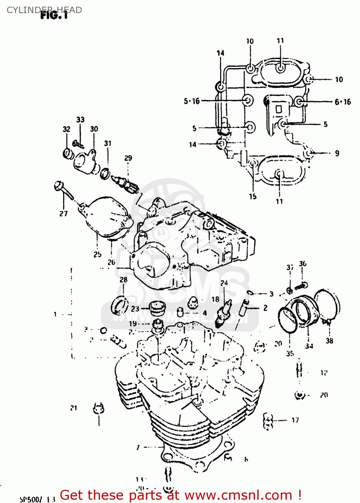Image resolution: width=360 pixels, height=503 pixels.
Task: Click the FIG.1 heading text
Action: coord(54,15)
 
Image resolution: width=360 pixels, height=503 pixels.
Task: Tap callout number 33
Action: coord(80,120)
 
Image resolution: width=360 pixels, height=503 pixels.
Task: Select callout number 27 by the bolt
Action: coord(63,214)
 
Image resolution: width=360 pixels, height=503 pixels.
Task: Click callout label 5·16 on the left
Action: coord(192,101)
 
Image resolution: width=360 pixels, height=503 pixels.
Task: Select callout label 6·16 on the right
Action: coord(343,102)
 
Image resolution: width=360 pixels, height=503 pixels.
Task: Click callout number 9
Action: coord(337,153)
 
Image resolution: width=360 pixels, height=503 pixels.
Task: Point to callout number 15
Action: coord(253,197)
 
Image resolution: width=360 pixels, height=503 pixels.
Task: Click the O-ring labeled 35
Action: coord(287,320)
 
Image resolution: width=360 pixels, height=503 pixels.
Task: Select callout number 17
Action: coord(295,420)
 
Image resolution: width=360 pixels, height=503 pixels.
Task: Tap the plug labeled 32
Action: coord(68,153)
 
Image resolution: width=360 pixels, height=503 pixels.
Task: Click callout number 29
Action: coord(128,158)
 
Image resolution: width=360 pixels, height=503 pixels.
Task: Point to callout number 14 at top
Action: coord(220,53)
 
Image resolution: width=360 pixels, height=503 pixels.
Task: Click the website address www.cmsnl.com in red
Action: coord(238,495)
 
